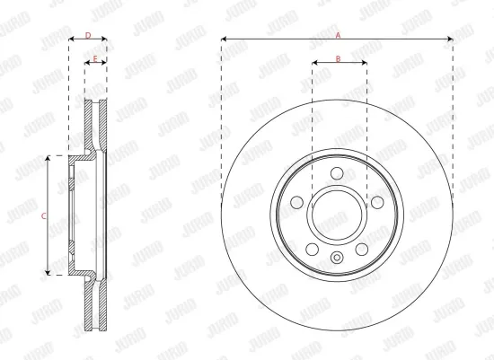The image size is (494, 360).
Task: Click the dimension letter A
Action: point(338,34)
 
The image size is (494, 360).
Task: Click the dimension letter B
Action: point(338,58)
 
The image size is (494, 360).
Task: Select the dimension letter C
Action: point(43,215)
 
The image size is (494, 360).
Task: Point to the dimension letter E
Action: point(94,58)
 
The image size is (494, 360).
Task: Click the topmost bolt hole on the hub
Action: point(338,174)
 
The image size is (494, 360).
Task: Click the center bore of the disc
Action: point(338,215)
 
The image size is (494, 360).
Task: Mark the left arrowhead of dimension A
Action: point(223,40)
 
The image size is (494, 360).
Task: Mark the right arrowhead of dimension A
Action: point(451,40)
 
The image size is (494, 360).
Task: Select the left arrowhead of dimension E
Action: point(86,64)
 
